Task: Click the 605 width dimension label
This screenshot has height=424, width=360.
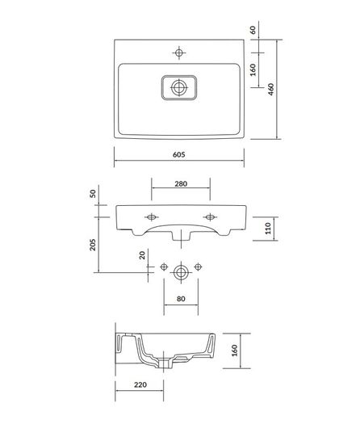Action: [178, 155]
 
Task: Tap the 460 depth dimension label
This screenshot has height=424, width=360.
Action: [271, 89]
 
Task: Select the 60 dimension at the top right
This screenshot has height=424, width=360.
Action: [253, 30]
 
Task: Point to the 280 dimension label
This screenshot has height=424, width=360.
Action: [181, 184]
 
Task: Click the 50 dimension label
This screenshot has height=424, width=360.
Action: [93, 194]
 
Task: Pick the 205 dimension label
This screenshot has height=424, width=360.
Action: [93, 245]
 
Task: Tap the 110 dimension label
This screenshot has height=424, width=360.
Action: [268, 229]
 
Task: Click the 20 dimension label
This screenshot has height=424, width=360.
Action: [142, 255]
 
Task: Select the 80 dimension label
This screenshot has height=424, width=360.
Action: [181, 299]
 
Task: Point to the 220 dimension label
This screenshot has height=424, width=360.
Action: [140, 384]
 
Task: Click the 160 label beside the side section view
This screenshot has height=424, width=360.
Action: [234, 351]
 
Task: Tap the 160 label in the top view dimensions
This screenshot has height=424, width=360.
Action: [253, 69]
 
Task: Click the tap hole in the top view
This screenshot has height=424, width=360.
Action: [179, 52]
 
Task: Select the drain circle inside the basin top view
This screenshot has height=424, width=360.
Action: [179, 87]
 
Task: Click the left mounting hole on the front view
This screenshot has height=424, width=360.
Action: [152, 217]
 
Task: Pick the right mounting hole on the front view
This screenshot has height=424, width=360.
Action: [210, 217]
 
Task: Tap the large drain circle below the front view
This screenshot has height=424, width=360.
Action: [181, 272]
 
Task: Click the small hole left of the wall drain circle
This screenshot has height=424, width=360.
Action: [164, 267]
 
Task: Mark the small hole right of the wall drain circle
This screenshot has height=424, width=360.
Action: [198, 267]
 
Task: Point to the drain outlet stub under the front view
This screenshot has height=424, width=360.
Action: [181, 235]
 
